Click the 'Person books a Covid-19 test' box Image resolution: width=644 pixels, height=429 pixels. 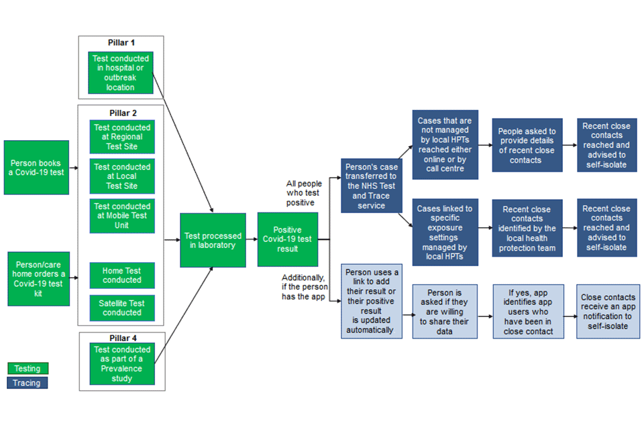(36, 168)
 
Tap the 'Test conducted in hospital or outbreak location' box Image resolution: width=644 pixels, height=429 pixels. (121, 73)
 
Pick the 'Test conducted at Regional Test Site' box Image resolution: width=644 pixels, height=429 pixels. (122, 137)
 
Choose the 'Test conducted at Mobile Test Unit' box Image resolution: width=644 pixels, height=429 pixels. (122, 216)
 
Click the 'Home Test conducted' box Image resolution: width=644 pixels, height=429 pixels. (122, 275)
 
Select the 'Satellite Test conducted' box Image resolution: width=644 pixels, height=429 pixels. (122, 308)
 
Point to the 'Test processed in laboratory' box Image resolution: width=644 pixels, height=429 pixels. (212, 240)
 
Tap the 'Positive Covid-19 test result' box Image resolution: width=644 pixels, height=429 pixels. (287, 239)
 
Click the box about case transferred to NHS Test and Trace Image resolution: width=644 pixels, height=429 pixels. (372, 185)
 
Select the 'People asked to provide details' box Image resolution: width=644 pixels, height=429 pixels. (527, 145)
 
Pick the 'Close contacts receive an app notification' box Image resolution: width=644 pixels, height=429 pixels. (606, 311)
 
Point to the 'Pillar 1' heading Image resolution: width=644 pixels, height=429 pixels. (121, 43)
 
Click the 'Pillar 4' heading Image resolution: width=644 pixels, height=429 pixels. (121, 338)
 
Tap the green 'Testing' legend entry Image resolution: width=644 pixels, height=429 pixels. (28, 369)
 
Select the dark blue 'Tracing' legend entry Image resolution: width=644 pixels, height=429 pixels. (28, 383)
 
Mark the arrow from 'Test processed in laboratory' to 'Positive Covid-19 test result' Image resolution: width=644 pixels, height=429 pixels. (250, 239)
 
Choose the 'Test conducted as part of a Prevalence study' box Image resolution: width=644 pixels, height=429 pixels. (122, 364)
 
